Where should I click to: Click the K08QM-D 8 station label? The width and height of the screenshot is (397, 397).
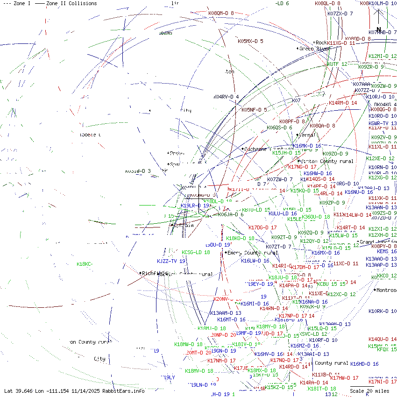pyautogui.click(x=221, y=13)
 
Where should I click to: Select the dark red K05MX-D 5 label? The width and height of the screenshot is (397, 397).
pyautogui.click(x=250, y=41)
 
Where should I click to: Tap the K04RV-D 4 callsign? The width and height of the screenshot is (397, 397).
pyautogui.click(x=227, y=97)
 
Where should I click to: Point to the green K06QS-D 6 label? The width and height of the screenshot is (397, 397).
pyautogui.click(x=279, y=128)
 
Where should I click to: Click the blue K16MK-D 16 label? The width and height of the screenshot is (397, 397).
pyautogui.click(x=307, y=146)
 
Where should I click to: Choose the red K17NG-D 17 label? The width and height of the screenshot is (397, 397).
pyautogui.click(x=302, y=167)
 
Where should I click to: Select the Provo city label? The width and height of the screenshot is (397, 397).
pyautogui.click(x=177, y=153)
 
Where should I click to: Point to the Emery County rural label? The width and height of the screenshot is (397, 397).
pyautogui.click(x=253, y=253)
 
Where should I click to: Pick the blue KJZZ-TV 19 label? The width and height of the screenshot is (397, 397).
pyautogui.click(x=171, y=262)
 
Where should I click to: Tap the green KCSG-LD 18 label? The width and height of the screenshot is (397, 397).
pyautogui.click(x=196, y=252)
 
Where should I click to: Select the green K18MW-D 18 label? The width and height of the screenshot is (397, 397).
pyautogui.click(x=189, y=344)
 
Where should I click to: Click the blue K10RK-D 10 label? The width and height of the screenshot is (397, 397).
pyautogui.click(x=382, y=311)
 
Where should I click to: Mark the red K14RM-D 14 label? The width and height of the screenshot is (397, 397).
pyautogui.click(x=343, y=103)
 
